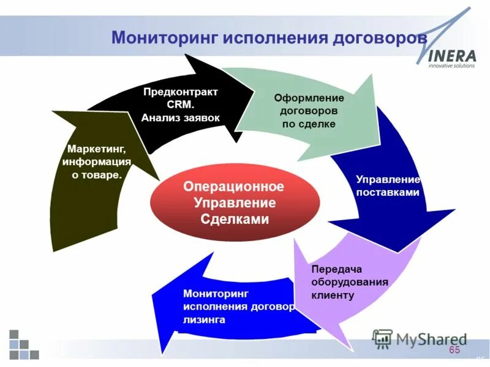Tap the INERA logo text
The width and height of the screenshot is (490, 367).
click(x=451, y=56)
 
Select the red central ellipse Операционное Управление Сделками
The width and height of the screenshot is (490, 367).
click(x=235, y=202)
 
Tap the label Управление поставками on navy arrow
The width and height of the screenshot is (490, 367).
click(x=388, y=186)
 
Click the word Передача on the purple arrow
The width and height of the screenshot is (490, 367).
click(x=337, y=269)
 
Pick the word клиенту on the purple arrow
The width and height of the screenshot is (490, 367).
click(x=333, y=295)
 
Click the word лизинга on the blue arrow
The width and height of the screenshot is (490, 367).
click(x=204, y=319)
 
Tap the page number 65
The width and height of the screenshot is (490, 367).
click(x=454, y=350)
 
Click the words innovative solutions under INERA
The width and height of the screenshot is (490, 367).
click(x=451, y=66)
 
